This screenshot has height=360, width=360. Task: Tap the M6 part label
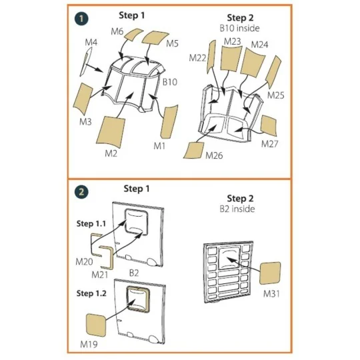tap(117, 31)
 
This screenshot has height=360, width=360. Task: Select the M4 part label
tap(91, 43)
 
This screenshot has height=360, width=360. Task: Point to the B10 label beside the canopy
tap(170, 82)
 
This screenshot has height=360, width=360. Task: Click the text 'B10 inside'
tap(239, 29)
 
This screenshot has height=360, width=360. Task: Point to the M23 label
tap(232, 41)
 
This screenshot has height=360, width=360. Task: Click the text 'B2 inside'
tap(238, 209)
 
